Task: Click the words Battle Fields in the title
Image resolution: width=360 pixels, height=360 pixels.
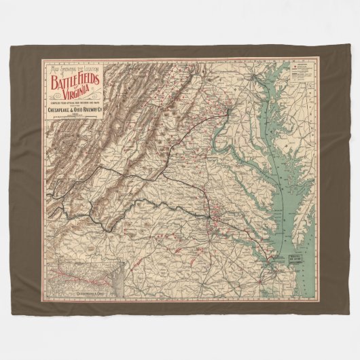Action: (75, 80)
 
